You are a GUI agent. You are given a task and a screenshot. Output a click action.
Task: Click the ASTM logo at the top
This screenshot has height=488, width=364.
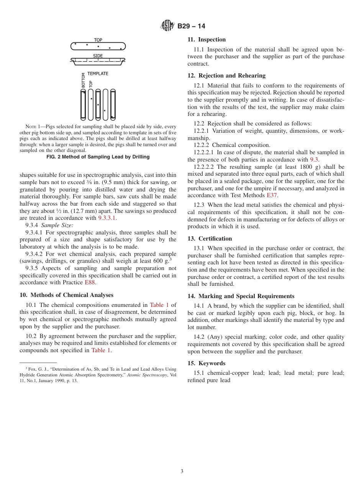click(x=167, y=26)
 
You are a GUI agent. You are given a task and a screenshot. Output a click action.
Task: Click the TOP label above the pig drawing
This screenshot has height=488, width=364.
click(x=98, y=40)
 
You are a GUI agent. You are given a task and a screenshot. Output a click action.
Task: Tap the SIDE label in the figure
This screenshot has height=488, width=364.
click(x=98, y=56)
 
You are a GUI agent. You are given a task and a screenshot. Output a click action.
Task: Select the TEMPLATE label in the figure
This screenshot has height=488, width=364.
click(x=98, y=74)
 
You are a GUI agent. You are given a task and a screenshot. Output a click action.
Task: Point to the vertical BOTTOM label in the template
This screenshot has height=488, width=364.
click(x=83, y=81)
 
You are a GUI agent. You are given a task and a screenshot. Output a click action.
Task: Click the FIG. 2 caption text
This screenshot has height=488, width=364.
click(x=98, y=157)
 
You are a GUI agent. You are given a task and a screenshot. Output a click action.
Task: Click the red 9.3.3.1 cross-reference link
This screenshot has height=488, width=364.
click(x=107, y=218)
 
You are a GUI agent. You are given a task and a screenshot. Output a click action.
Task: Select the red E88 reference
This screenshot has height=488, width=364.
click(x=90, y=282)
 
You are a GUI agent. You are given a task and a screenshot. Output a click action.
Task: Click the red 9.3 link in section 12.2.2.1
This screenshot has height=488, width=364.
click(x=314, y=160)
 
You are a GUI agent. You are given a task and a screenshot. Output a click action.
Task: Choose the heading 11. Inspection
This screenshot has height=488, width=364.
click(x=207, y=40)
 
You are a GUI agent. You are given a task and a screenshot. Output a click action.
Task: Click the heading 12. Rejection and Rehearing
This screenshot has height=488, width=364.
click(x=226, y=76)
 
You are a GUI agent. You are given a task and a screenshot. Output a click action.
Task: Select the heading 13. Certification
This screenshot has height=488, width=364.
click(x=210, y=239)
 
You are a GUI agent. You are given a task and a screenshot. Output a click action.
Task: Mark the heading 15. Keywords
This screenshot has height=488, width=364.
click(x=207, y=363)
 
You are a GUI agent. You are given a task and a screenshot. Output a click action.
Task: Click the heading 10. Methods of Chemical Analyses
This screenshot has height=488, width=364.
click(x=67, y=295)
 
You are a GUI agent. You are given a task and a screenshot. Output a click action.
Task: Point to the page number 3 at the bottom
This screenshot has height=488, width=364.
click(x=182, y=472)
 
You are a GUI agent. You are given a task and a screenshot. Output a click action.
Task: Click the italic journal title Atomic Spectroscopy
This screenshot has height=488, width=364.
click(x=147, y=375)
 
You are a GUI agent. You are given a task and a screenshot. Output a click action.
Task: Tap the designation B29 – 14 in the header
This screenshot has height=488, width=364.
click(x=191, y=26)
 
